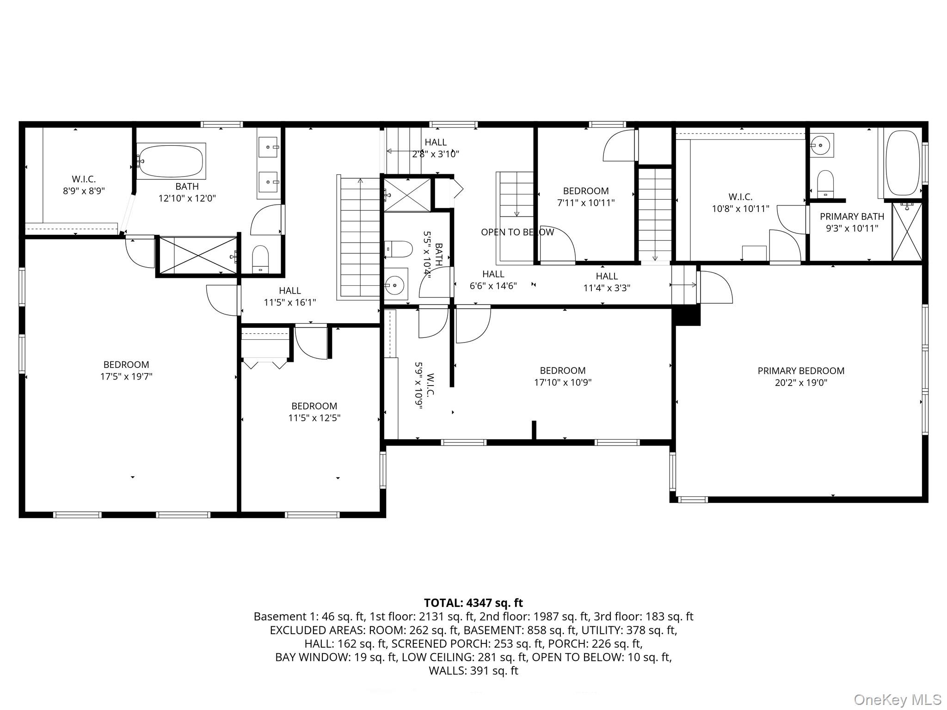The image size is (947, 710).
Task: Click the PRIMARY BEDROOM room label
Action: [801, 371]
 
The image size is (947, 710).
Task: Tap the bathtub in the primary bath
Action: [902, 163]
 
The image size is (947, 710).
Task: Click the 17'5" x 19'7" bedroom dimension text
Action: [126, 376]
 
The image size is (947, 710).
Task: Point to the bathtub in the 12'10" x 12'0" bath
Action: [171, 161]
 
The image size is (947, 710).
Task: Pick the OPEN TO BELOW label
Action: [517, 232]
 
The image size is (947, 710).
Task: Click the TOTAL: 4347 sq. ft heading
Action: [473, 603]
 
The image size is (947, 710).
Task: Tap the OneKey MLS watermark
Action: [897, 700]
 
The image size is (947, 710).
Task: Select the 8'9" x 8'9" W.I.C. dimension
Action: [84, 190]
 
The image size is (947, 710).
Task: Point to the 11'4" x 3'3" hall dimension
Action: [607, 288]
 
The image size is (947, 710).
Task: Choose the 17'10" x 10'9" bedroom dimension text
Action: [563, 382]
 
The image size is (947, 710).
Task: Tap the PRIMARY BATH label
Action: [852, 216]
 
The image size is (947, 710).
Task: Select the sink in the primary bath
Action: [821, 145]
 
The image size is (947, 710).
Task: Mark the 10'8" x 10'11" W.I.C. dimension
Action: [740, 209]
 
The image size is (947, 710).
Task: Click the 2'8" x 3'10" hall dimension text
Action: [436, 154]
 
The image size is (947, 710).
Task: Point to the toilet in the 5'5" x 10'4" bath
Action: [398, 249]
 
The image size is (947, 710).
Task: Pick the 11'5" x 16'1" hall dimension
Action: [290, 302]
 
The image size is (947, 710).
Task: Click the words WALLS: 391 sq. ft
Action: [473, 670]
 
